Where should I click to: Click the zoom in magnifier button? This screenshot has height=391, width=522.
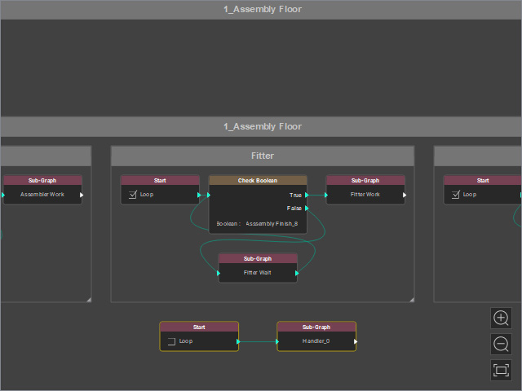pyautogui.click(x=501, y=319)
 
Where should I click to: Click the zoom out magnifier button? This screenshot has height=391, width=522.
pyautogui.click(x=501, y=344)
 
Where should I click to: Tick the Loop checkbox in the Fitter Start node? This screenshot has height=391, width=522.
pyautogui.click(x=132, y=195)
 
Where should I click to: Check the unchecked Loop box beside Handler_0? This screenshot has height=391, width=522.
pyautogui.click(x=171, y=341)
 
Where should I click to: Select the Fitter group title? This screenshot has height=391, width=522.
pyautogui.click(x=263, y=156)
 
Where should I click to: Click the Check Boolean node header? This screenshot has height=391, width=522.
pyautogui.click(x=258, y=181)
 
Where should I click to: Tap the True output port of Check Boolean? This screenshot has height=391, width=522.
pyautogui.click(x=307, y=195)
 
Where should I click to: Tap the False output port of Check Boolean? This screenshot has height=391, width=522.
pyautogui.click(x=307, y=209)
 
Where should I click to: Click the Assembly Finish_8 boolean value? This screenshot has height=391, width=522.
pyautogui.click(x=272, y=224)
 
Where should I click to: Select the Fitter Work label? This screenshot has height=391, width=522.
pyautogui.click(x=365, y=195)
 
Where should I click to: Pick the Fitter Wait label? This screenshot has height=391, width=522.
pyautogui.click(x=258, y=273)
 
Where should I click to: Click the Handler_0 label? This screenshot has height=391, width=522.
pyautogui.click(x=316, y=341)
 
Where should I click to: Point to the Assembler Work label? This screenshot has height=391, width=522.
pyautogui.click(x=42, y=195)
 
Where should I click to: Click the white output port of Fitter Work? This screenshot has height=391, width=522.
pyautogui.click(x=405, y=195)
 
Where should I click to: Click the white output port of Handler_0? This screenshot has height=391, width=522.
pyautogui.click(x=356, y=342)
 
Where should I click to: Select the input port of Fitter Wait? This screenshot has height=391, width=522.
pyautogui.click(x=219, y=274)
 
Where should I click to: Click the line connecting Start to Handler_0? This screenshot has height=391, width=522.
pyautogui.click(x=258, y=342)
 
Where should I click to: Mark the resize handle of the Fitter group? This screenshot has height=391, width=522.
pyautogui.click(x=412, y=300)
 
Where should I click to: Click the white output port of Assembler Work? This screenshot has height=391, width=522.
pyautogui.click(x=82, y=195)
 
